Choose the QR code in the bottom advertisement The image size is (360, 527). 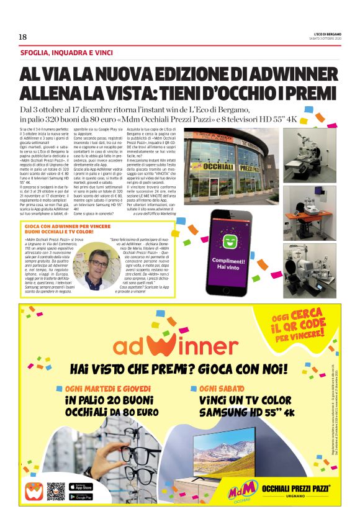(x=56, y=492)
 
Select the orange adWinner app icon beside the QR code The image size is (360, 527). (x=34, y=492)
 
